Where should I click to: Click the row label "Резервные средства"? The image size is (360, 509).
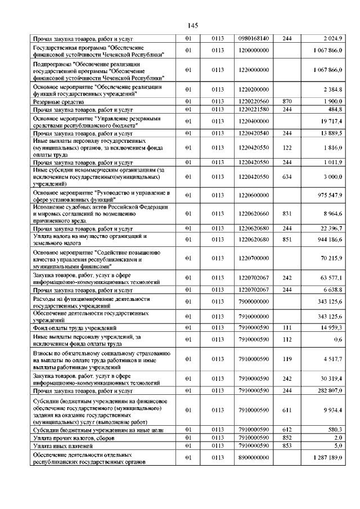tap(56, 101)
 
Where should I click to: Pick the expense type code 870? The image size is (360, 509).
tap(287, 101)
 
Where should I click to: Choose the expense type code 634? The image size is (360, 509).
tap(287, 177)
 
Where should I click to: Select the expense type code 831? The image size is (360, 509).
tap(287, 214)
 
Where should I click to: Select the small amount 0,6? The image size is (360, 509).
tap(337, 339)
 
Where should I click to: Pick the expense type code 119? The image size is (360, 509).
tap(287, 358)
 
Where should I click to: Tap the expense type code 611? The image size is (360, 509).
tap(287, 410)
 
